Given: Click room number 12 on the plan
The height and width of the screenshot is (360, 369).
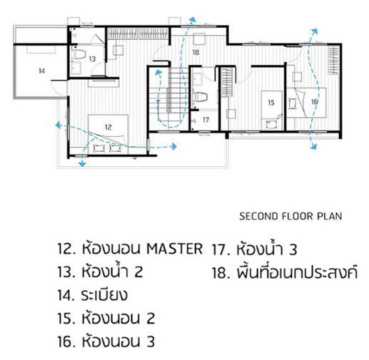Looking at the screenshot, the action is (x=108, y=128).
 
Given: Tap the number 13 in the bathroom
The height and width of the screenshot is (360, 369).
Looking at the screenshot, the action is (x=92, y=58).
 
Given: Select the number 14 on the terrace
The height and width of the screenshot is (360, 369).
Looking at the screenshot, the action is (x=42, y=71).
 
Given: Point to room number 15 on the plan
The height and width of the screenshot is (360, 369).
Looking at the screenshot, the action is (x=271, y=103).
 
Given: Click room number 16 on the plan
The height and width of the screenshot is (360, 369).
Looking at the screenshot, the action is (x=314, y=102).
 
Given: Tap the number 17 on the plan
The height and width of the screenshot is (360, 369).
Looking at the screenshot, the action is (x=206, y=120).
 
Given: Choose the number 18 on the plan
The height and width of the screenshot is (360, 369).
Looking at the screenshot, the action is (x=196, y=53).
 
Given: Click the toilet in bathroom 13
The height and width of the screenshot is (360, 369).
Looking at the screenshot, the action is (x=79, y=54).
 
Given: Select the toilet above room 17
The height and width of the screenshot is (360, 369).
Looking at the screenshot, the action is (x=200, y=97).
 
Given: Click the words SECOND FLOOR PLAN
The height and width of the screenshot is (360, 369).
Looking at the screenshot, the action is (x=290, y=216).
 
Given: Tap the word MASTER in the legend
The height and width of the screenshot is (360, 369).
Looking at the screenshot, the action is (x=174, y=249).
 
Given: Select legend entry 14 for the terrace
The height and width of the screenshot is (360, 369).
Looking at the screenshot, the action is (x=92, y=295).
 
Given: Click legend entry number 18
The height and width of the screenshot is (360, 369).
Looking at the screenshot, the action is (x=285, y=272).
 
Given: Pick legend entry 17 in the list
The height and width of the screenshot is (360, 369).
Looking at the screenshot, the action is (x=254, y=249).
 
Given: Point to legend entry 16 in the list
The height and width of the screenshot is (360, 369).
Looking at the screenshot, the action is (x=106, y=341).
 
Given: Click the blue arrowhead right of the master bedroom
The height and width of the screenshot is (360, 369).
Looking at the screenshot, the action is (x=174, y=146).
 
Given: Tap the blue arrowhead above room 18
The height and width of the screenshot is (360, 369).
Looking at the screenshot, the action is (x=193, y=19).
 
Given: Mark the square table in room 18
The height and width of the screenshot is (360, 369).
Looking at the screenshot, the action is (x=199, y=39).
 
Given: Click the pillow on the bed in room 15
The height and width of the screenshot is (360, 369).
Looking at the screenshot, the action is (x=271, y=124).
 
